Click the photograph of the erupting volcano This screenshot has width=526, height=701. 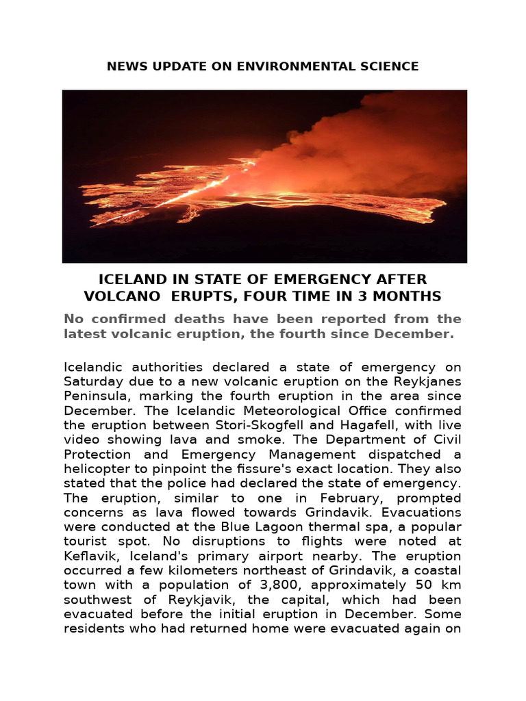point(264,176)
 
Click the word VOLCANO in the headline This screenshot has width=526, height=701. point(118,296)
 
